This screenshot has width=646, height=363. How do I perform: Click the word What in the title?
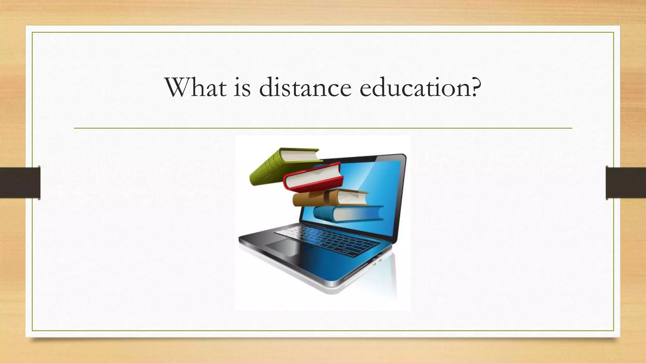point(196,87)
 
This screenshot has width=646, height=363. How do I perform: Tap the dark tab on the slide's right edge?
point(626,183)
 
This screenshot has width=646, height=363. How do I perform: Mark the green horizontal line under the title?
point(323,128)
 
